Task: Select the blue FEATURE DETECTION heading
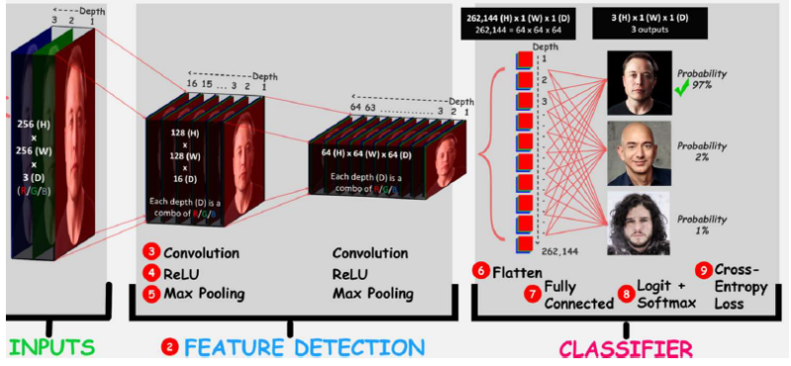point(301,347)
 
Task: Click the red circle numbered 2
point(170,347)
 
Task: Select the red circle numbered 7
point(531,294)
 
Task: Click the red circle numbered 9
point(704,269)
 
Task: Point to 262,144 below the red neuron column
point(560,252)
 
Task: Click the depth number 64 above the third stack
point(355,107)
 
